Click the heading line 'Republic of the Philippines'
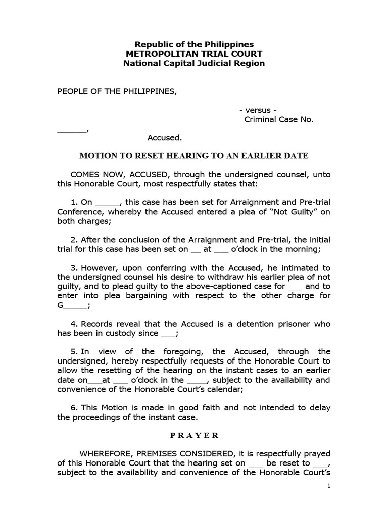pos(194,44)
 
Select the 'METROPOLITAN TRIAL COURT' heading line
pos(194,54)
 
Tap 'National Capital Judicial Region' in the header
pos(194,64)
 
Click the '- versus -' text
pos(258,110)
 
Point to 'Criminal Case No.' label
pos(279,120)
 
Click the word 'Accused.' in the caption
pos(165,137)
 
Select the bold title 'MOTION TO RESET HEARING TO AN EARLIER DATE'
pos(194,156)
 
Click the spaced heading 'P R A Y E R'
pos(194,435)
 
